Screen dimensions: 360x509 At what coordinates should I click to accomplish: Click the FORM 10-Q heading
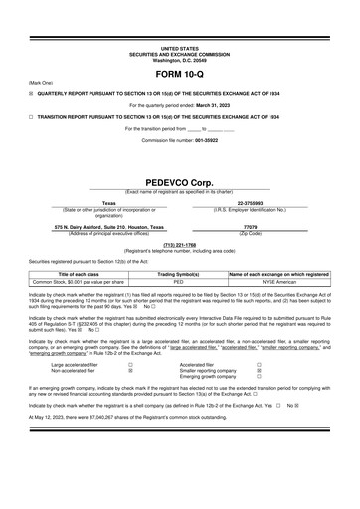pos(180,74)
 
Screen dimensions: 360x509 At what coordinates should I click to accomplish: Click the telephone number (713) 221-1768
pos(180,244)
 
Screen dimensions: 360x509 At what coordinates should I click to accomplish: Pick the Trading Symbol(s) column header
pos(180,273)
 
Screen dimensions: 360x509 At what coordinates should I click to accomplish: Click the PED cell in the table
pos(180,281)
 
